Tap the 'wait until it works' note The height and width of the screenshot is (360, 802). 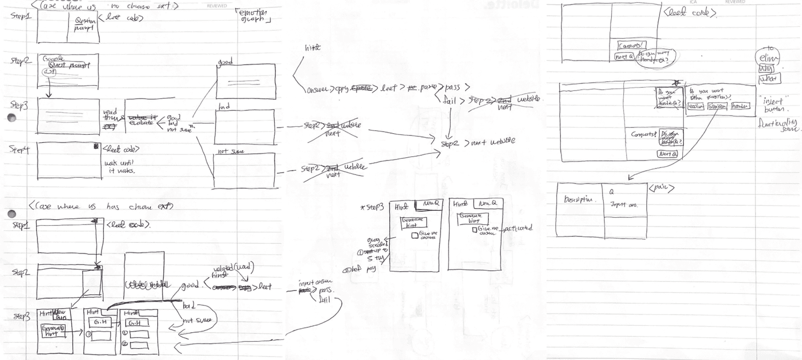pos(119,166)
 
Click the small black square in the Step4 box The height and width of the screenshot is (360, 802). pos(96,145)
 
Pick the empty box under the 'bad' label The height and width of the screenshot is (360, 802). pos(245,127)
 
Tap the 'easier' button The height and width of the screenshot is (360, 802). pos(696,106)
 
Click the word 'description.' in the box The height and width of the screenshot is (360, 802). pos(580,200)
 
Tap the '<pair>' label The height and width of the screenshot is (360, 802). pos(661,188)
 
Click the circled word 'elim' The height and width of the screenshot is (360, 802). pos(768,58)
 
